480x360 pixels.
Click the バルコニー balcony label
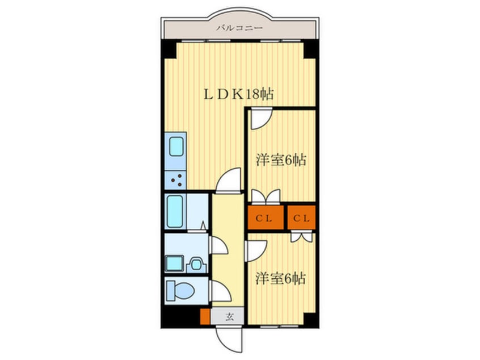[239, 28]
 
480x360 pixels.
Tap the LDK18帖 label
[239, 94]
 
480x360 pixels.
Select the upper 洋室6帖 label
[281, 160]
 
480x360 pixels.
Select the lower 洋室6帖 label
[280, 279]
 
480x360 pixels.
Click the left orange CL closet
[266, 217]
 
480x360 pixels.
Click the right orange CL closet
[301, 217]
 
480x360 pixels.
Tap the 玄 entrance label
[230, 316]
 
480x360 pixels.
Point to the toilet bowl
[180, 290]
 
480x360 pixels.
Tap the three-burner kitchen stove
[175, 180]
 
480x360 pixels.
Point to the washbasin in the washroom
[196, 263]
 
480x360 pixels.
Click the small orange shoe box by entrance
[205, 316]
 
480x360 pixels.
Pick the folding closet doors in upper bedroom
[266, 196]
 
